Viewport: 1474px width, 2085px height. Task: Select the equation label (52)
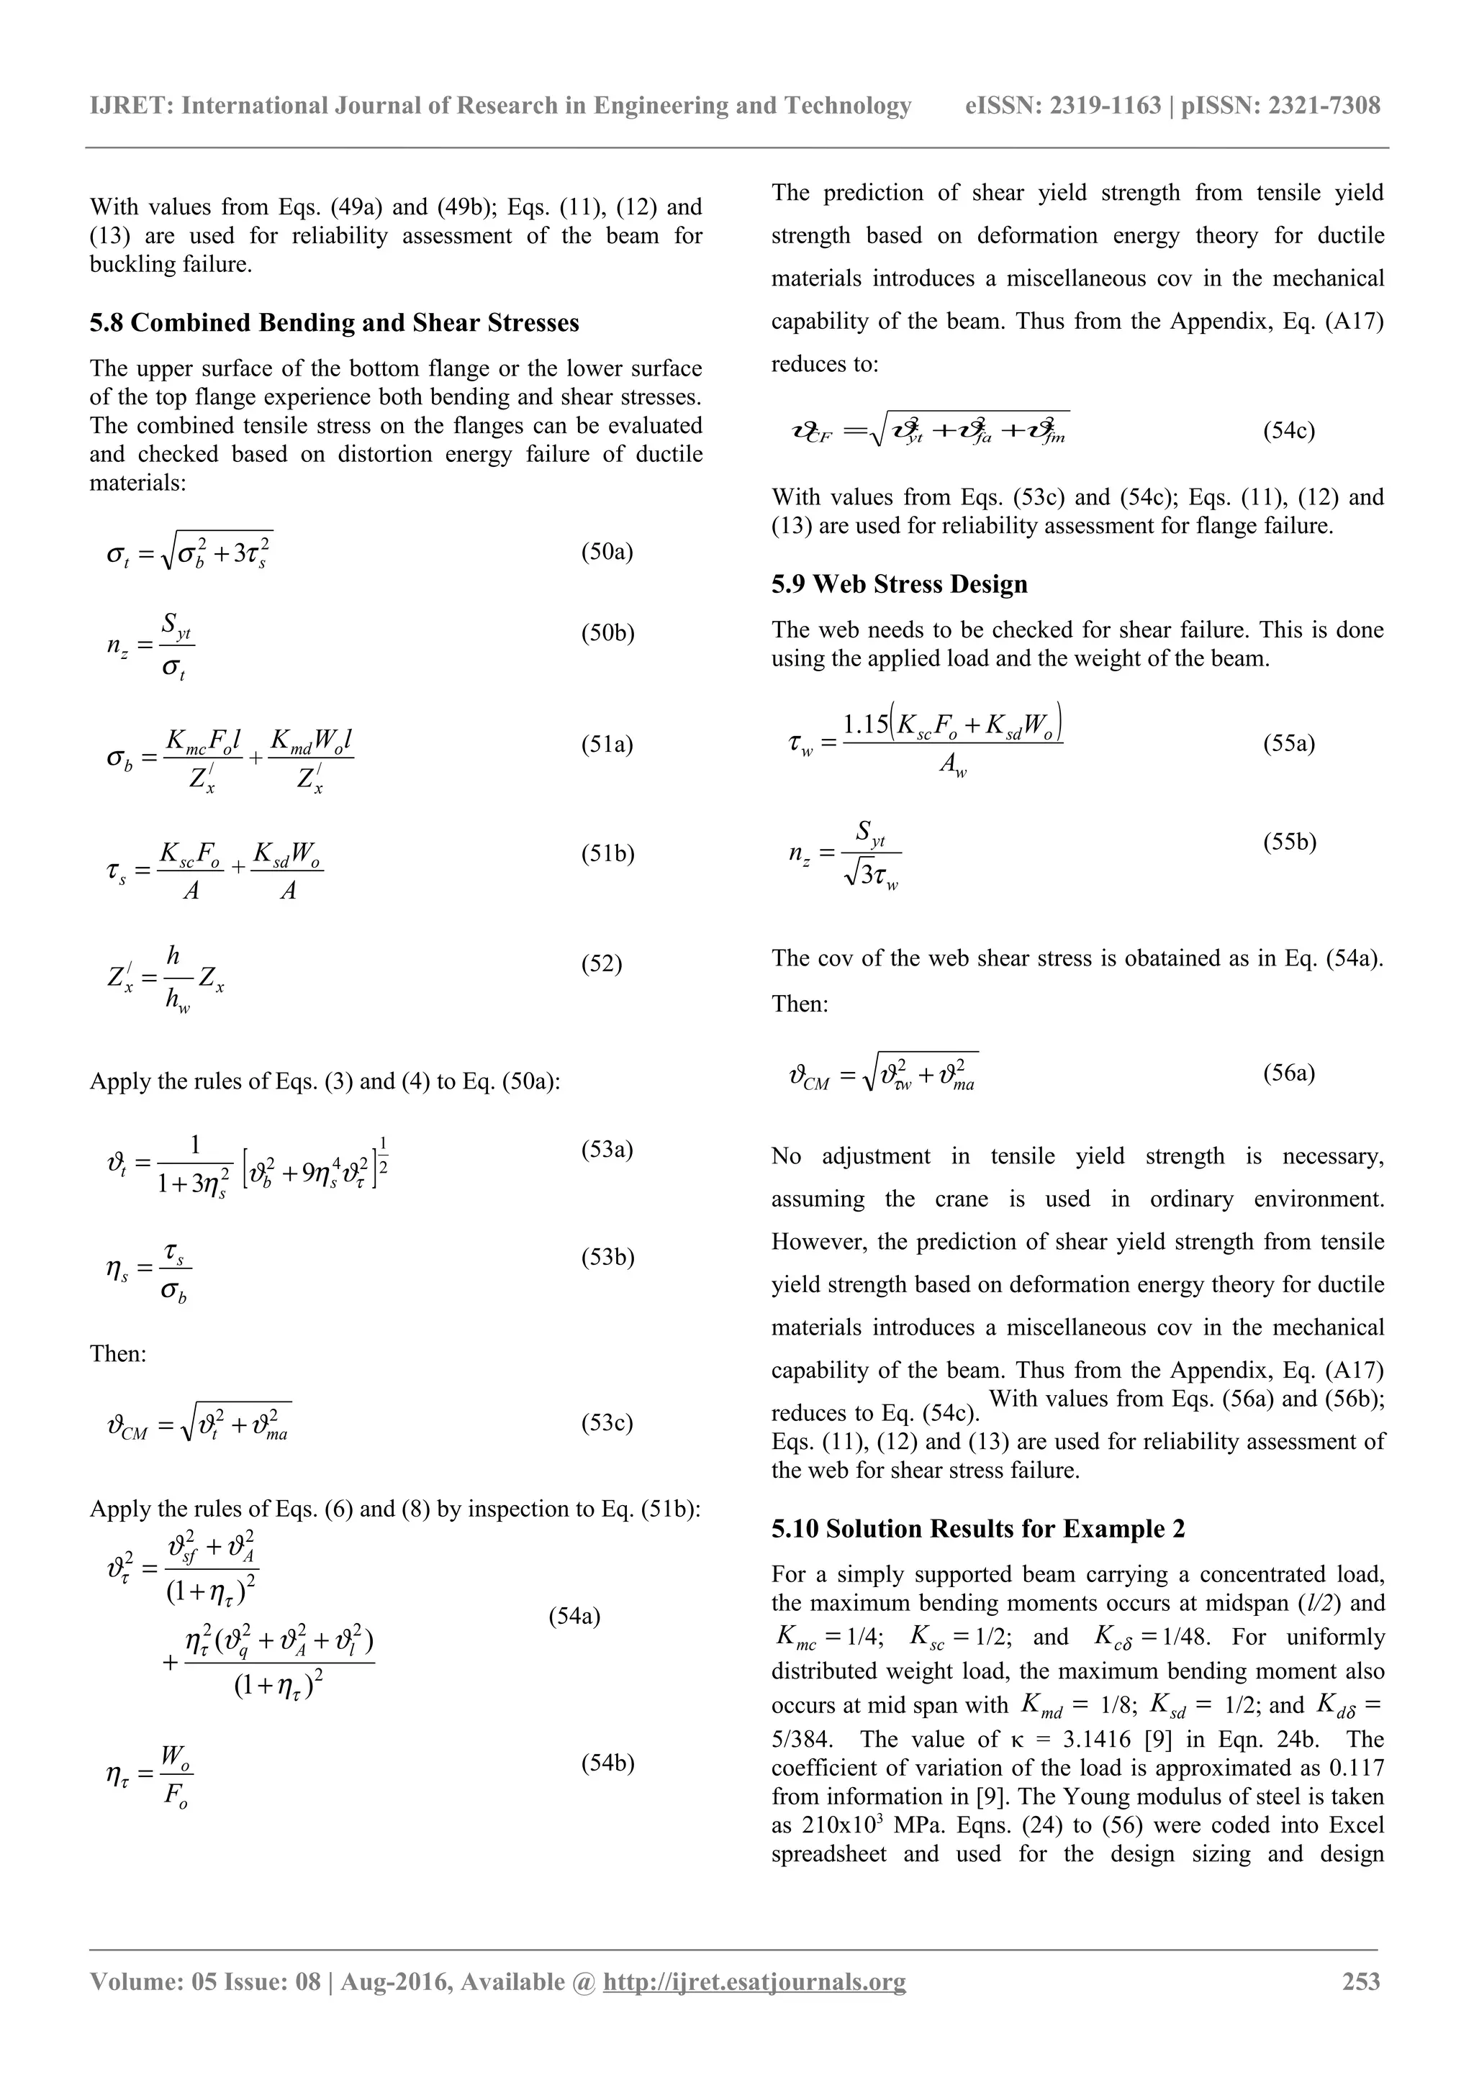coord(601,963)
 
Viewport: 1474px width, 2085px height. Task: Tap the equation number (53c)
coord(607,1422)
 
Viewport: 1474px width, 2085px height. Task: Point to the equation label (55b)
coord(1290,842)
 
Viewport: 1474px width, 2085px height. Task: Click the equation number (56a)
coord(1289,1073)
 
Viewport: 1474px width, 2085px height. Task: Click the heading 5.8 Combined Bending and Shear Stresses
coord(334,322)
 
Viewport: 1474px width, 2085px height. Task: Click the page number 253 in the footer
coord(1360,1981)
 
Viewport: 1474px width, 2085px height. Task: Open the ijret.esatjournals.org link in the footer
coord(755,1981)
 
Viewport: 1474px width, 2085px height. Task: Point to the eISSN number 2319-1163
coord(1104,106)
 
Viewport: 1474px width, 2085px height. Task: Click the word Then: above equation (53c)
coord(118,1353)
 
